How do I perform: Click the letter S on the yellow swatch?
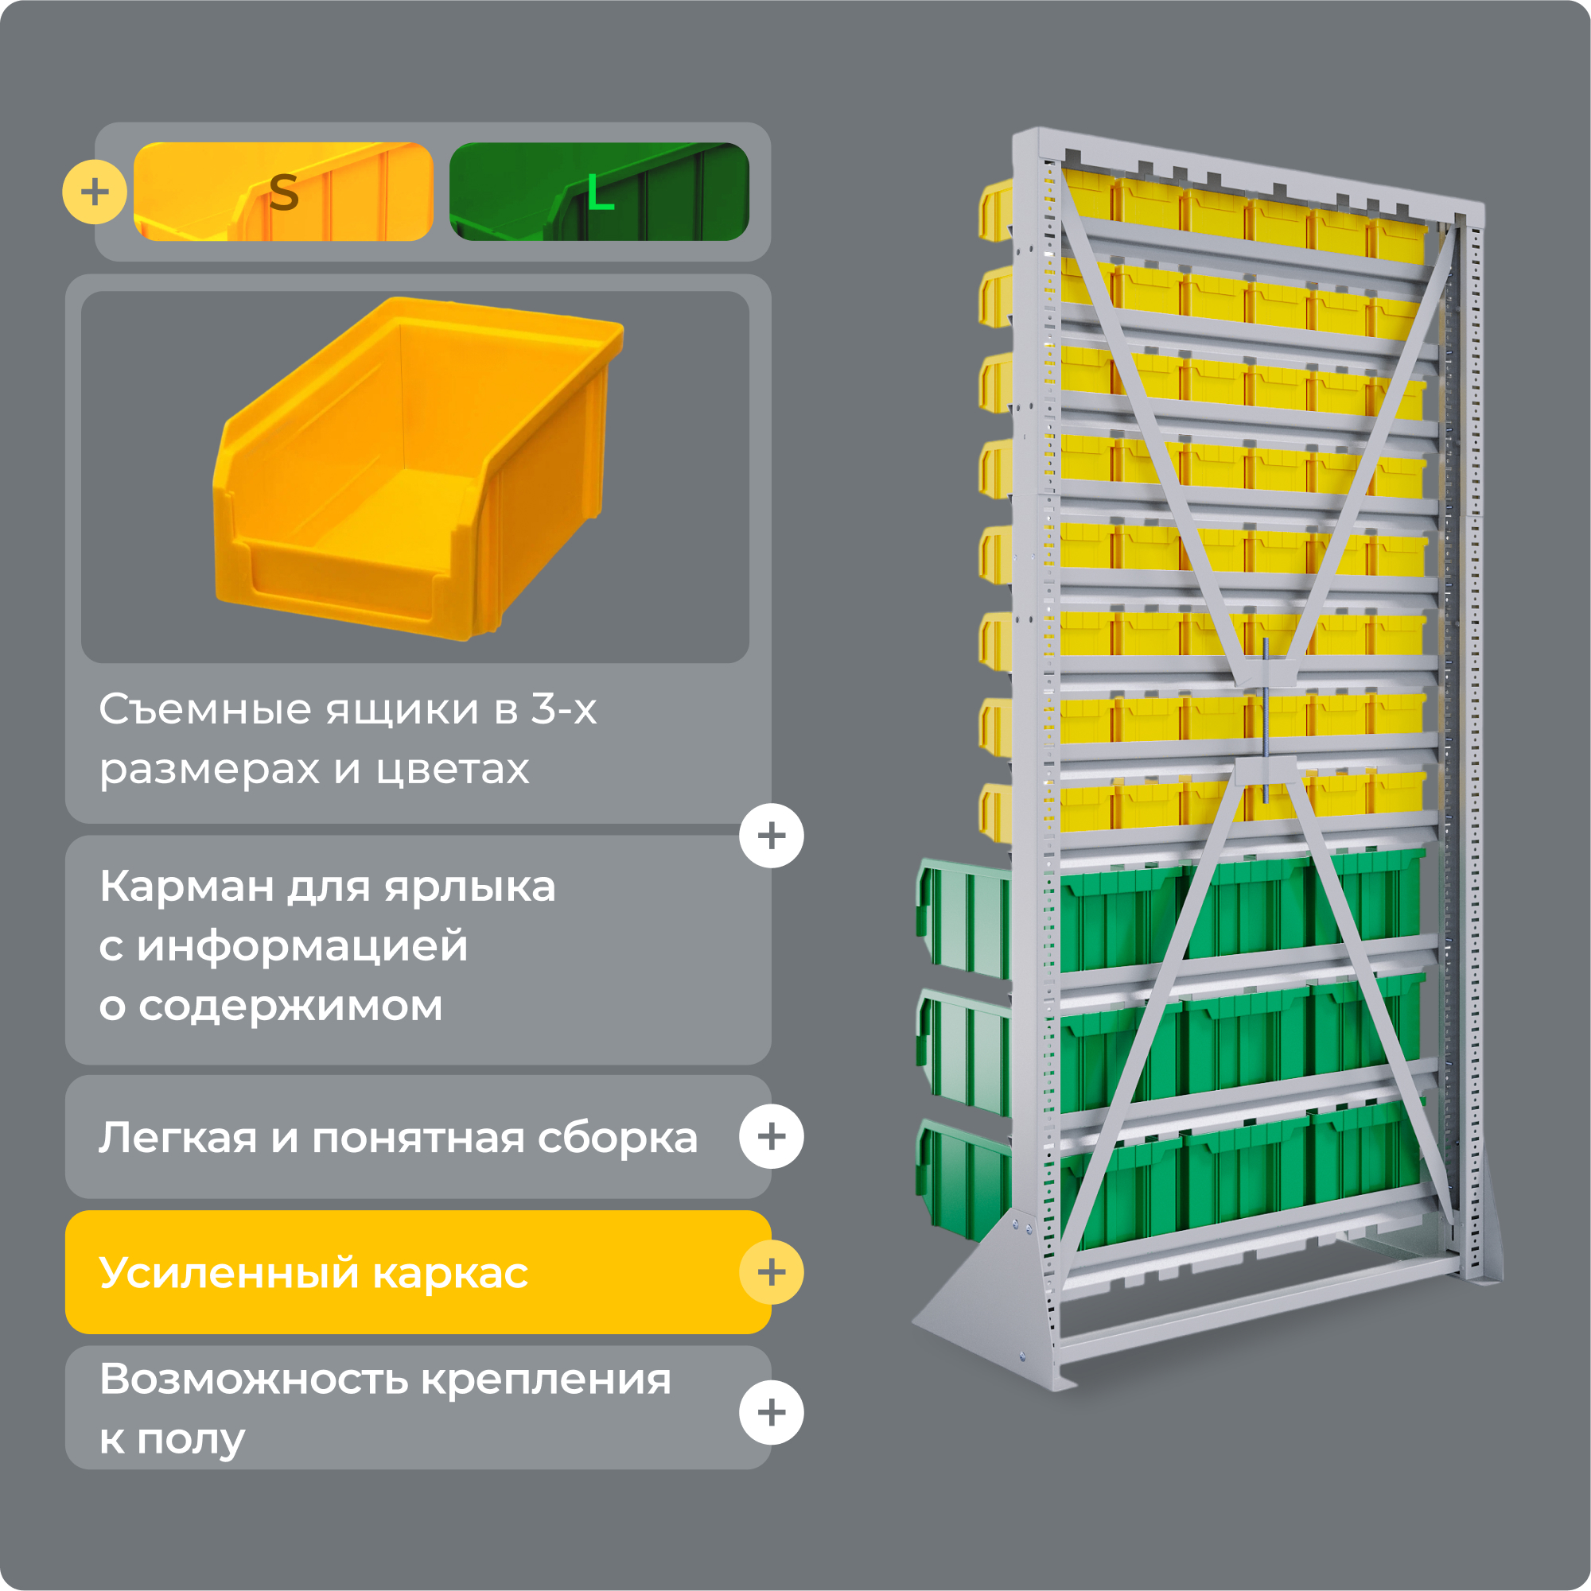[283, 192]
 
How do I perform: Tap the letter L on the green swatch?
[600, 195]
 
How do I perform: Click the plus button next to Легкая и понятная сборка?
[771, 1136]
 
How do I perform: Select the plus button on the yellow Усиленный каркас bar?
[771, 1272]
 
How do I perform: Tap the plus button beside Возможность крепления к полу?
[771, 1413]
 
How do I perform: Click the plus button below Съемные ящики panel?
[771, 836]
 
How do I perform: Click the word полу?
[191, 1439]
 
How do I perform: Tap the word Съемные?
[206, 709]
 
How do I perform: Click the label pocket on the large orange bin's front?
[342, 583]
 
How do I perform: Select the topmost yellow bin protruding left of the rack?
[996, 211]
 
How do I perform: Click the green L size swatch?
[599, 192]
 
